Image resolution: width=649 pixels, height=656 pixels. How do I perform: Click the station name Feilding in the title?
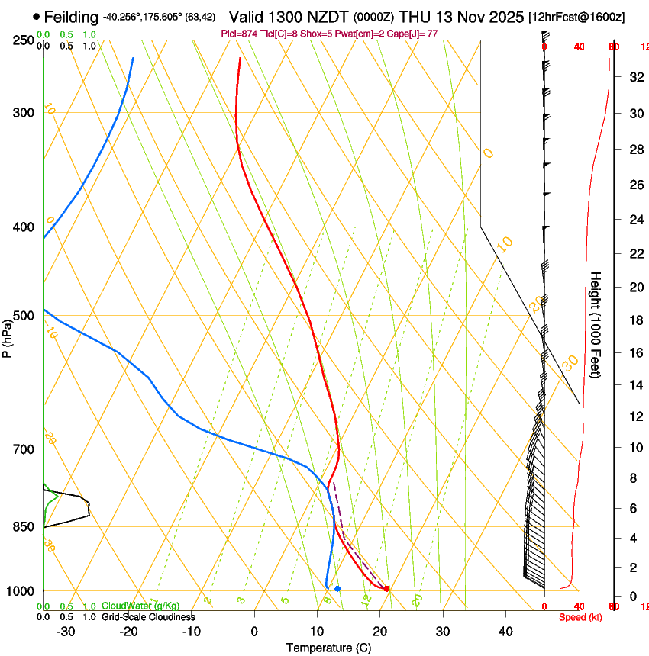tap(71, 17)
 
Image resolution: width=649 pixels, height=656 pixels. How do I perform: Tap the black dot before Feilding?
tap(36, 17)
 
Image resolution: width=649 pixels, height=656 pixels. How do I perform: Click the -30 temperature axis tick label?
tap(66, 632)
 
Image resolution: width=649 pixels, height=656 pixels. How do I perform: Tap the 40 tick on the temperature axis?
tap(505, 632)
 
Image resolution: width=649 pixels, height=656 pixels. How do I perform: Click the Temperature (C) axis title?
tap(328, 648)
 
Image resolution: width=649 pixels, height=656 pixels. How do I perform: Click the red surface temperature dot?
tap(387, 589)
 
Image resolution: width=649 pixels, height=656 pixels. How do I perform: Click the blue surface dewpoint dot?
tap(337, 589)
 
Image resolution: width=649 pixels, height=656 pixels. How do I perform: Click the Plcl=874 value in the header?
tap(239, 34)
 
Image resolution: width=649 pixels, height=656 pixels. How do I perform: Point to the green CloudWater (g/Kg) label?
tap(140, 606)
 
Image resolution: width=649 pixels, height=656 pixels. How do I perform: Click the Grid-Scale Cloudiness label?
tap(148, 617)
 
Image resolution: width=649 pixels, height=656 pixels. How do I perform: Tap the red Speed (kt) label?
tap(580, 617)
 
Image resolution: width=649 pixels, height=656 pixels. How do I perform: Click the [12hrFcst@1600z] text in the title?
tap(576, 17)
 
